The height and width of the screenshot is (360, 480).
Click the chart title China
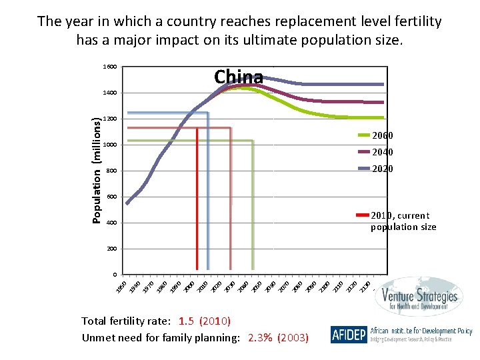[239, 77]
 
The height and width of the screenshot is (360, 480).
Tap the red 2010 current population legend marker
[362, 215]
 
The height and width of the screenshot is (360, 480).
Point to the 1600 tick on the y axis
[110, 67]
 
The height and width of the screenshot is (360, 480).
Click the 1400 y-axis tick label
[110, 93]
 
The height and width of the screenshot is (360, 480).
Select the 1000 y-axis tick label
[110, 145]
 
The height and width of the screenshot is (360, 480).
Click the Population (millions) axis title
[97, 171]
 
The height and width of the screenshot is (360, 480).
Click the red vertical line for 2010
[197, 200]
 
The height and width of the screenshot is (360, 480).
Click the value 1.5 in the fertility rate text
[187, 321]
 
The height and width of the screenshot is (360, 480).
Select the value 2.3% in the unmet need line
[259, 338]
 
